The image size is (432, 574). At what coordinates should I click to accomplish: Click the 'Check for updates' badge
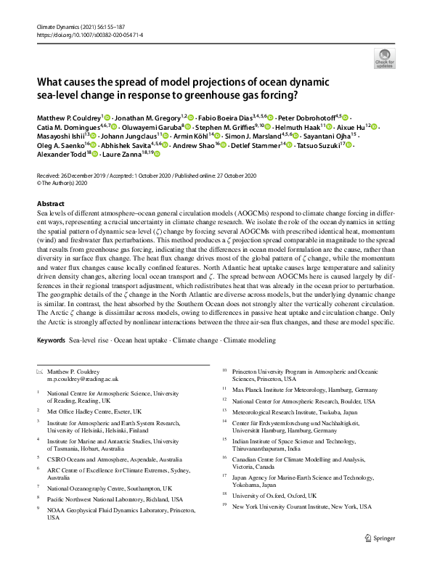384,58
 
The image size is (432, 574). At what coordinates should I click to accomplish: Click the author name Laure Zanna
127,155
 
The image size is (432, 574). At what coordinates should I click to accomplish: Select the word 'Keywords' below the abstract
51,340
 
